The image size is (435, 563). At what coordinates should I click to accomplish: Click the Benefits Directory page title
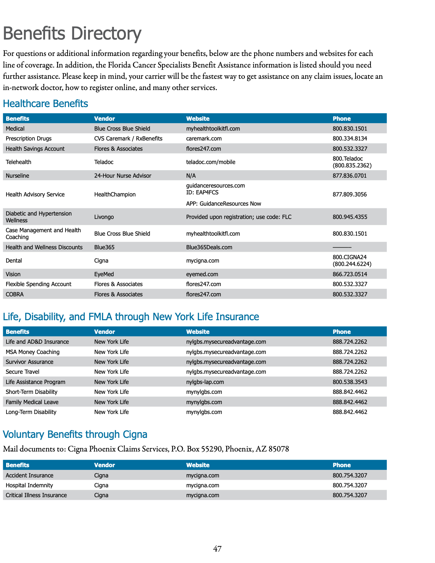click(72, 33)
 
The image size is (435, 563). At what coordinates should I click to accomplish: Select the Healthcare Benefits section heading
click(45, 104)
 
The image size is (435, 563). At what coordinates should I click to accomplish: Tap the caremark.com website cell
click(204, 138)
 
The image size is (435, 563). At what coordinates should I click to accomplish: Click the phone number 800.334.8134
click(350, 138)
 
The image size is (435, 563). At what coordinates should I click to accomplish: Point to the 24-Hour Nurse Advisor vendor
click(122, 176)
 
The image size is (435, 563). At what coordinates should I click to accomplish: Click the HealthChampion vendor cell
click(115, 194)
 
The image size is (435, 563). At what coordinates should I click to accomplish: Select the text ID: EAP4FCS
click(202, 192)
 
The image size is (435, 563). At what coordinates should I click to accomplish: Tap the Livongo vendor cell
click(104, 217)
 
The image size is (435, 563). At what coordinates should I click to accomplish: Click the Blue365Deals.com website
click(209, 247)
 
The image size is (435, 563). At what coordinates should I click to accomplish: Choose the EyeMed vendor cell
click(104, 274)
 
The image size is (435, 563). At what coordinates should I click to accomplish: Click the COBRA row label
click(15, 294)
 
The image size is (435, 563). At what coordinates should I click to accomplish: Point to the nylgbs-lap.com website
click(205, 382)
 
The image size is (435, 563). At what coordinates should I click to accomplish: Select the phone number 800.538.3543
click(350, 382)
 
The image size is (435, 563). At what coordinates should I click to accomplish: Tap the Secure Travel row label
click(23, 372)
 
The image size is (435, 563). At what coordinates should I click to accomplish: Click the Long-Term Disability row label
click(31, 412)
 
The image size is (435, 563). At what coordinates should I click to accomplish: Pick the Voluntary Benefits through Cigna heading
click(75, 434)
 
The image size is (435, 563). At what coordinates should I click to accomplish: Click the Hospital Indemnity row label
click(29, 485)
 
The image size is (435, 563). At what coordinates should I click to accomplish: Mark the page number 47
click(217, 549)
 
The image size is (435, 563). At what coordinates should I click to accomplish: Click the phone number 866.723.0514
click(350, 274)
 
